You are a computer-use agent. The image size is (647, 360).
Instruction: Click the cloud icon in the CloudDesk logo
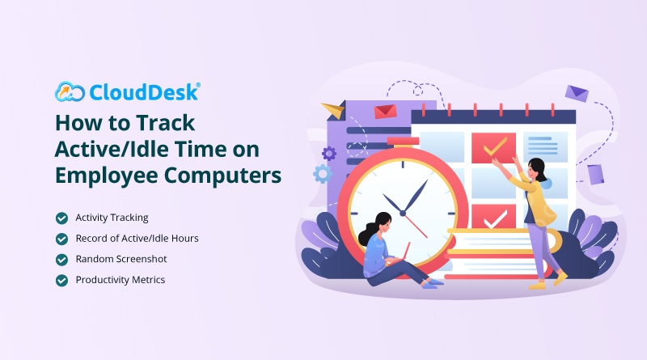[x=70, y=91]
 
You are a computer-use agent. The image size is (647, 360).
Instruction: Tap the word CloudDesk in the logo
[x=145, y=92]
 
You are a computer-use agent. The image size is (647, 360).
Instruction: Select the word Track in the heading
[x=166, y=123]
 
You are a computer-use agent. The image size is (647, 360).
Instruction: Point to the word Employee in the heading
[x=107, y=176]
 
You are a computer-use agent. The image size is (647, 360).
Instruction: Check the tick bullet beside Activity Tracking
[x=62, y=218]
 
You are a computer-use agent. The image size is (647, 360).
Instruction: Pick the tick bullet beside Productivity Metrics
[x=62, y=281]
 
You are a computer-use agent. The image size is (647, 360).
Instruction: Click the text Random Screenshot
[x=121, y=259]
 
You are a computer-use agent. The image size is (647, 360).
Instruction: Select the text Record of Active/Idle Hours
[x=137, y=238]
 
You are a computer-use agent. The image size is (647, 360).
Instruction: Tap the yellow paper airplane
[x=334, y=110]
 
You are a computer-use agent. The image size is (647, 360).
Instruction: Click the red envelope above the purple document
[x=385, y=111]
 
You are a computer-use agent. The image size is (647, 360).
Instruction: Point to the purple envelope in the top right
[x=577, y=93]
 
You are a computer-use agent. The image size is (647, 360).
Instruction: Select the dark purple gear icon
[x=329, y=154]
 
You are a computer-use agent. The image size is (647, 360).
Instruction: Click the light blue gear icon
[x=323, y=174]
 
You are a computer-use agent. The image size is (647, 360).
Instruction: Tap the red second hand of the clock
[x=416, y=226]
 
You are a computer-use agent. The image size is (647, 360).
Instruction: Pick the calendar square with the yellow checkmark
[x=493, y=147]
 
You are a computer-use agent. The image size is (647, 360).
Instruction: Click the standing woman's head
[x=537, y=169]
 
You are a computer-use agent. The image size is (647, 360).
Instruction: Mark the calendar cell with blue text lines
[x=545, y=147]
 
